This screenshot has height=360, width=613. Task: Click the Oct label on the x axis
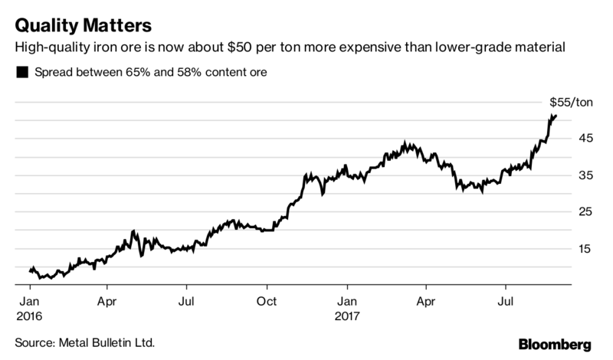point(267,301)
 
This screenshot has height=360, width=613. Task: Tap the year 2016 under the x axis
point(29,315)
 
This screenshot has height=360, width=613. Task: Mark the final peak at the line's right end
point(554,116)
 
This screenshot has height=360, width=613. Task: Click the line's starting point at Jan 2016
point(30,270)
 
